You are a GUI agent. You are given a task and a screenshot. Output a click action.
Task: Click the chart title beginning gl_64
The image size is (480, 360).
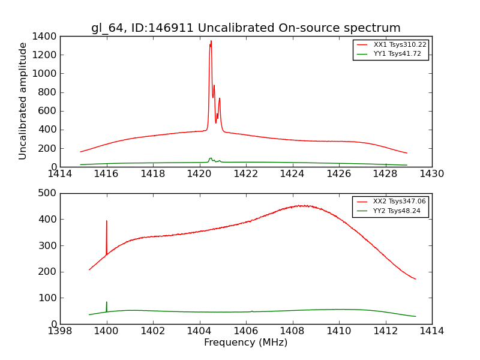tap(245, 28)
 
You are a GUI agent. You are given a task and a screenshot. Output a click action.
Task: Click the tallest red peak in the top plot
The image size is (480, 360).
tap(211, 41)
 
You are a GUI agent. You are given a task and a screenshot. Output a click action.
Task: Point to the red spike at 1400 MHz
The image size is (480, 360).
tap(107, 221)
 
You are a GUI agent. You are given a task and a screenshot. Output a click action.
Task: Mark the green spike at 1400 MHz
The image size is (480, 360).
tap(107, 303)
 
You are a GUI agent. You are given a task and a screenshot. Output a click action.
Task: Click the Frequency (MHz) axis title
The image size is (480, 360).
tap(245, 343)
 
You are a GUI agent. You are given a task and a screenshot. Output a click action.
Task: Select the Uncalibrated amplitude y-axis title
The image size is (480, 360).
tap(23, 101)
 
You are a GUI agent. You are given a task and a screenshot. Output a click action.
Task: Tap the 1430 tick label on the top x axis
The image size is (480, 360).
tap(431, 174)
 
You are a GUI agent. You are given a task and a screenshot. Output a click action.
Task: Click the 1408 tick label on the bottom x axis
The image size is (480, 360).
tap(292, 331)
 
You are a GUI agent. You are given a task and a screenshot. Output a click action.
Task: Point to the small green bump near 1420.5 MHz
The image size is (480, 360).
tap(211, 158)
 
